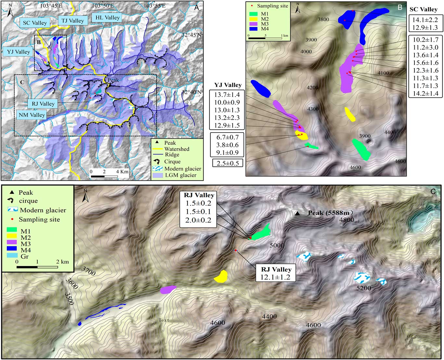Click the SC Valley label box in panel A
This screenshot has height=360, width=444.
click(35, 23)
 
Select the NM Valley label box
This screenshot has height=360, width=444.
click(32, 115)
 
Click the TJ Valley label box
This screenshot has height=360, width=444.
click(72, 21)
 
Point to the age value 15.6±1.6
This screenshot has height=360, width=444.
click(425, 63)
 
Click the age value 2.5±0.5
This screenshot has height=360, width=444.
click(228, 163)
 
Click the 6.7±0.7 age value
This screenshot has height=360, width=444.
click(228, 137)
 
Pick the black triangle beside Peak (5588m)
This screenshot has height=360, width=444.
click(297, 213)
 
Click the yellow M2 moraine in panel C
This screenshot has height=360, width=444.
click(221, 276)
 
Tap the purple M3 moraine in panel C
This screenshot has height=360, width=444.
click(168, 289)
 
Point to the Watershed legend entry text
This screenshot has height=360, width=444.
click(177, 149)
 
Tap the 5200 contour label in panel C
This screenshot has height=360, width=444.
click(363, 288)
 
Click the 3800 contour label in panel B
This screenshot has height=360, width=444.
click(323, 19)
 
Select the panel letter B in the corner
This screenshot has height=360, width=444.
click(400, 7)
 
